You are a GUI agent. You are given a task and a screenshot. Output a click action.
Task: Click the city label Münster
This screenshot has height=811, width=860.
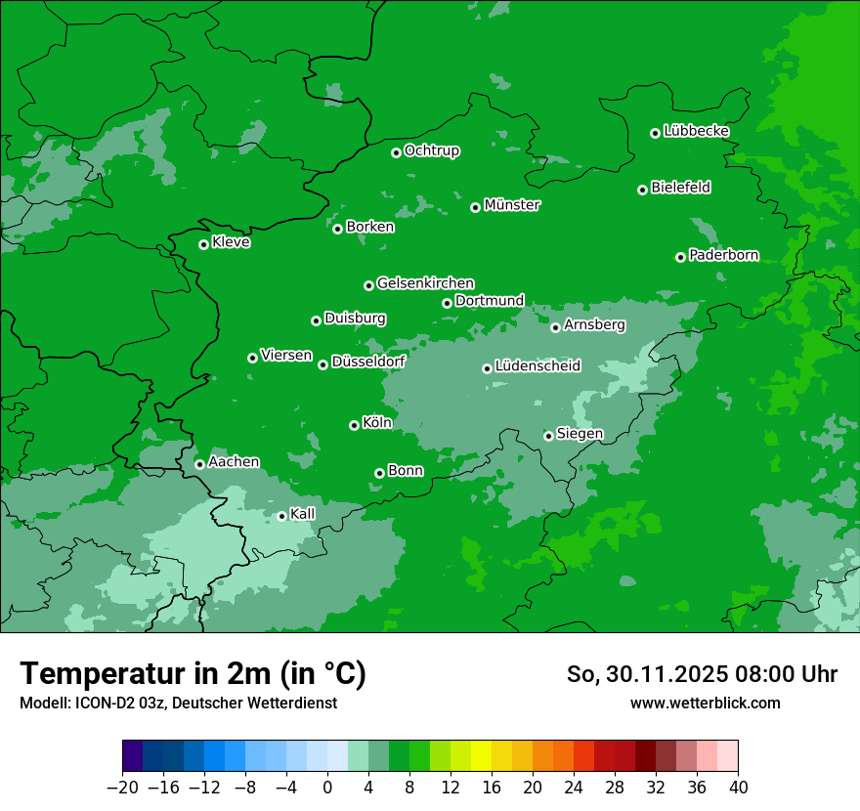[x=512, y=205]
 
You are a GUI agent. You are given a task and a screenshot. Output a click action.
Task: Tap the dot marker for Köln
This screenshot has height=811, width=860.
[x=354, y=425]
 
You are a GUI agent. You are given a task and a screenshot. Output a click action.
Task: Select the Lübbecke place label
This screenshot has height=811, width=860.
[x=696, y=131]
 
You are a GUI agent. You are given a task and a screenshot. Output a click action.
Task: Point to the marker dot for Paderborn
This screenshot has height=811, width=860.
[x=680, y=257]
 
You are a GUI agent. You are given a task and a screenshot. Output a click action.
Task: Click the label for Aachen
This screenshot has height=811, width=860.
[x=234, y=462]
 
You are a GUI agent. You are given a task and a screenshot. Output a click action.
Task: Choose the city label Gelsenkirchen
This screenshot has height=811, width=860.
[x=425, y=283]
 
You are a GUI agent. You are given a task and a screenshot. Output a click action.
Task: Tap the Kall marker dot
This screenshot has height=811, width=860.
[x=281, y=516]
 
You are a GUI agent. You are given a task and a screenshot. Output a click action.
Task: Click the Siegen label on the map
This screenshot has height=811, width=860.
[x=580, y=434]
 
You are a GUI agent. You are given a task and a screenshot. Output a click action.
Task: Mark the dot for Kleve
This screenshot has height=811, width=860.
[x=203, y=244]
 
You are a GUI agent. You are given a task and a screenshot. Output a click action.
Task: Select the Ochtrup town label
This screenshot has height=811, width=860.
[x=431, y=150]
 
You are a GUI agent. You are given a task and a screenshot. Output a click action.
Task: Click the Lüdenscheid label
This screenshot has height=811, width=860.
[x=537, y=366]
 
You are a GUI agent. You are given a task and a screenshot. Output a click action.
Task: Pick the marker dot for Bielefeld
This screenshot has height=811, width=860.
[x=642, y=190]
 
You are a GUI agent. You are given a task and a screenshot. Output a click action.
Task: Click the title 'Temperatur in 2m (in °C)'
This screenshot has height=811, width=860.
[x=193, y=673]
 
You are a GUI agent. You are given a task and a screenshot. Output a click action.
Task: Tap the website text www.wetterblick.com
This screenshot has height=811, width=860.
[x=705, y=703]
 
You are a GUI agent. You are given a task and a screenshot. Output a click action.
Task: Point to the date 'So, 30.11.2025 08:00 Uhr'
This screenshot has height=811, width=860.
[x=702, y=674]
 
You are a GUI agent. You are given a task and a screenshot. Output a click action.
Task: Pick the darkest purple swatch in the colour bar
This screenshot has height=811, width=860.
[x=132, y=756]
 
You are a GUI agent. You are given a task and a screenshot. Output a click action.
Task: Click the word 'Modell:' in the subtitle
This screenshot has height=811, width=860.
[x=42, y=704]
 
